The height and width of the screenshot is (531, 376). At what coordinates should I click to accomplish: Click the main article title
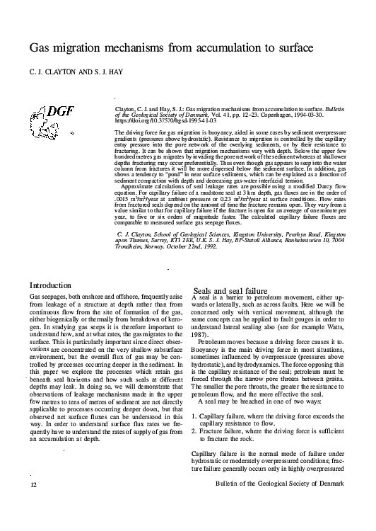171,49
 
